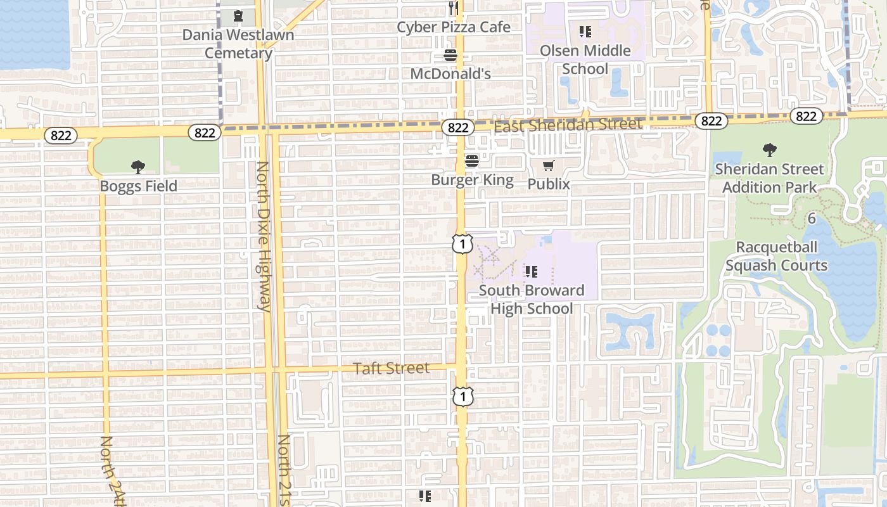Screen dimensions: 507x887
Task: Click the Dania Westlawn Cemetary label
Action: (238, 43)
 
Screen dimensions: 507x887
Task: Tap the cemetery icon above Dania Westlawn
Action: (238, 15)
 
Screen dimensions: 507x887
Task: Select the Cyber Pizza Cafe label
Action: (453, 27)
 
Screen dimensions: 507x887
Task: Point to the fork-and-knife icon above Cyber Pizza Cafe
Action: (453, 8)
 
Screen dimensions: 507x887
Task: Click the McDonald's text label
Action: (450, 74)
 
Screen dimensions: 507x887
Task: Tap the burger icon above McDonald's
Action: (450, 56)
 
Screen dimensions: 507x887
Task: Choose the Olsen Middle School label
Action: (585, 60)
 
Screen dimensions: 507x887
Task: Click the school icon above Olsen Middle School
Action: (585, 31)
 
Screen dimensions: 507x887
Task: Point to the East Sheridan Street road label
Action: (568, 125)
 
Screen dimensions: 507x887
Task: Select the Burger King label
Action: (472, 179)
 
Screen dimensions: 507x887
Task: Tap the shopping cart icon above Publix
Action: (549, 166)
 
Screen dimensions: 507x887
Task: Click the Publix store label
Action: (549, 184)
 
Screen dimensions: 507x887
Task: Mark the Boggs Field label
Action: (138, 186)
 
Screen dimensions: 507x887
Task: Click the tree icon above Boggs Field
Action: (138, 167)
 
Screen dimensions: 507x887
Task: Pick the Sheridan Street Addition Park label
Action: (769, 178)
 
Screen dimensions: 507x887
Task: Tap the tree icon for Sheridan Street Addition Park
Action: (769, 150)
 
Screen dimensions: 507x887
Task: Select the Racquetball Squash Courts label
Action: (776, 256)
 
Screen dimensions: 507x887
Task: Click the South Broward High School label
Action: (532, 299)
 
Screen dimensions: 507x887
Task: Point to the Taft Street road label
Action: (391, 368)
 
